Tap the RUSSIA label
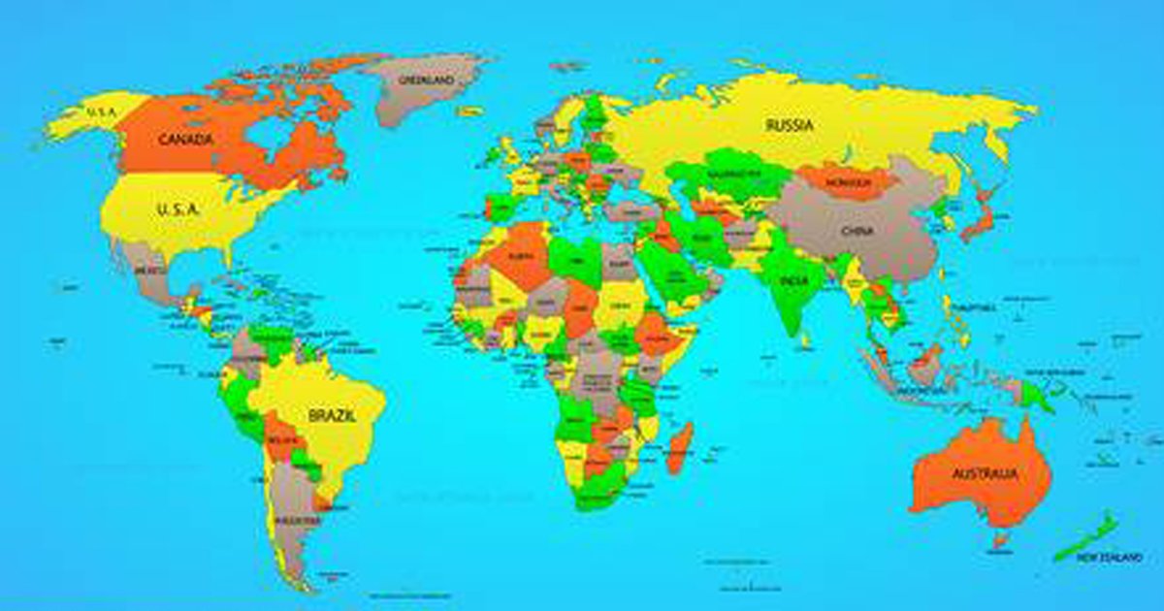(x=789, y=125)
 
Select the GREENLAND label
(x=428, y=80)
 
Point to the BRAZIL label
(x=332, y=415)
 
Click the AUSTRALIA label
(x=984, y=474)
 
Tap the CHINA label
(x=857, y=231)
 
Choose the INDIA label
(x=794, y=281)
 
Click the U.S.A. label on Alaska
(x=100, y=113)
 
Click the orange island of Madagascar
(x=681, y=447)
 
